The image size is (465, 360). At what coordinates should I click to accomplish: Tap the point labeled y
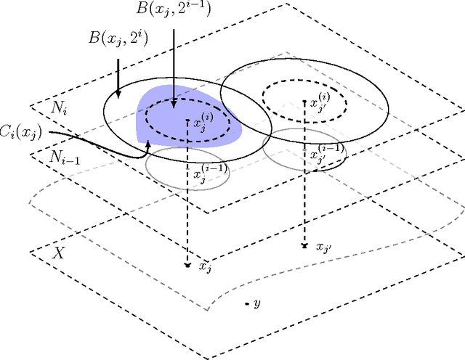coord(247,303)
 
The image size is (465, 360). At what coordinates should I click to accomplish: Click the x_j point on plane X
coord(188,266)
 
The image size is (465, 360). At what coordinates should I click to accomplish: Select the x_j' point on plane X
coord(304,246)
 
